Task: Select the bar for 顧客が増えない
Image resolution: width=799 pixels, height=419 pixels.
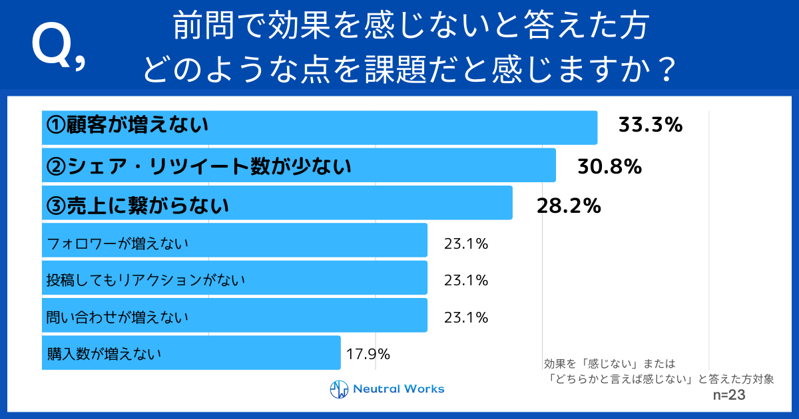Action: pyautogui.click(x=320, y=127)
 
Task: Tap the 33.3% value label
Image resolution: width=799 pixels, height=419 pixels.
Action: pyautogui.click(x=651, y=125)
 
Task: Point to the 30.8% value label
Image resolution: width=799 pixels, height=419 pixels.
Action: pyautogui.click(x=609, y=166)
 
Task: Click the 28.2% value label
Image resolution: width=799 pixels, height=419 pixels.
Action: pyautogui.click(x=569, y=206)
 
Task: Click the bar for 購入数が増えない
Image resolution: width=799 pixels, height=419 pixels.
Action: pyautogui.click(x=191, y=352)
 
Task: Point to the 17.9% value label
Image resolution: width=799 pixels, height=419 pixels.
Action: pyautogui.click(x=368, y=354)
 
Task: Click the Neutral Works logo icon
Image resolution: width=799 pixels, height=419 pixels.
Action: pyautogui.click(x=340, y=389)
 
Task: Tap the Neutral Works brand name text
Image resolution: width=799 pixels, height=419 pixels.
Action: pyautogui.click(x=398, y=389)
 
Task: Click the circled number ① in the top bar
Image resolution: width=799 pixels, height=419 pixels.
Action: pyautogui.click(x=55, y=124)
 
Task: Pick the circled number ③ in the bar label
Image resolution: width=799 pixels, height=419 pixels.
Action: pyautogui.click(x=55, y=206)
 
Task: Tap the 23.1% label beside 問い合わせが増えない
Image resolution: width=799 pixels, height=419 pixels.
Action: pyautogui.click(x=466, y=317)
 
